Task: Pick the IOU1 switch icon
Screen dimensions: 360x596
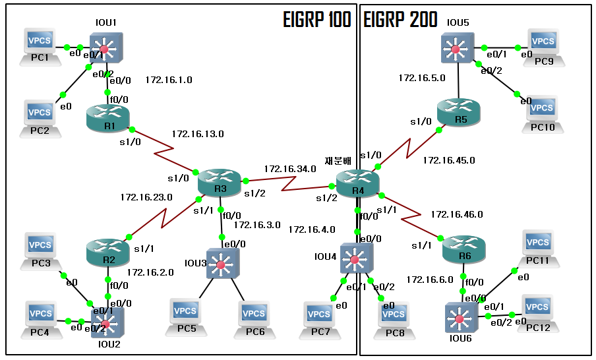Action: [x=105, y=48]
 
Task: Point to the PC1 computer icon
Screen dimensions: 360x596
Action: [x=40, y=44]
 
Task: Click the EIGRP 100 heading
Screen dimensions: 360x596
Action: [x=313, y=20]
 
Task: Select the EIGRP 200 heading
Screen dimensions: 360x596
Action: [x=400, y=20]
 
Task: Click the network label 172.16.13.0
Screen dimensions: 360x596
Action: [x=198, y=134]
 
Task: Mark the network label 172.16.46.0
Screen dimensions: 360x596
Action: [x=457, y=214]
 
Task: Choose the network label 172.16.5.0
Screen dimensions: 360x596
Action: [x=422, y=78]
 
